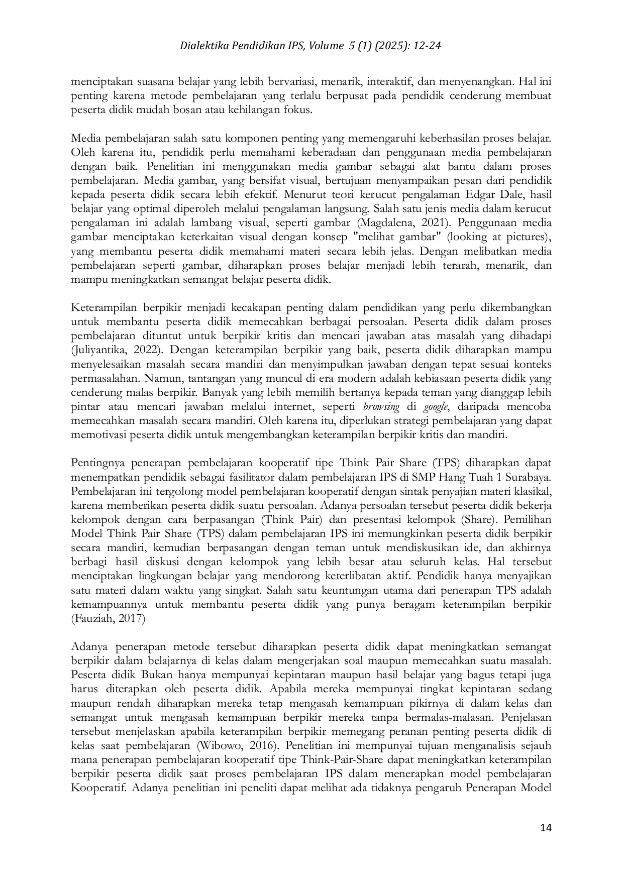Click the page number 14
546,828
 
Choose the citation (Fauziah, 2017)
108,618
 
